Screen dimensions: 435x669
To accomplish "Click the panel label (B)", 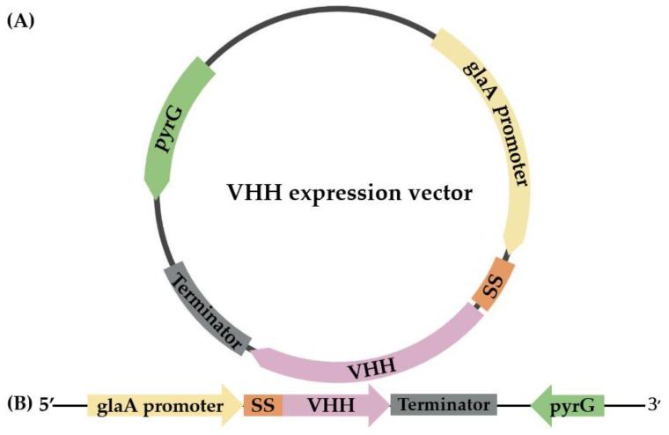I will pos(20,403).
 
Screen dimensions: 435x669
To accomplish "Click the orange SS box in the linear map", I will pos(261,405).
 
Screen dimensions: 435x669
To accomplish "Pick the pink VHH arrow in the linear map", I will pos(330,405).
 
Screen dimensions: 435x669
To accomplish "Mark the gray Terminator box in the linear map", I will pos(444,405).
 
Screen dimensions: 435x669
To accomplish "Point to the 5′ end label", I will pos(47,405).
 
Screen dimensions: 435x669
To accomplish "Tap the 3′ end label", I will pos(652,405).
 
